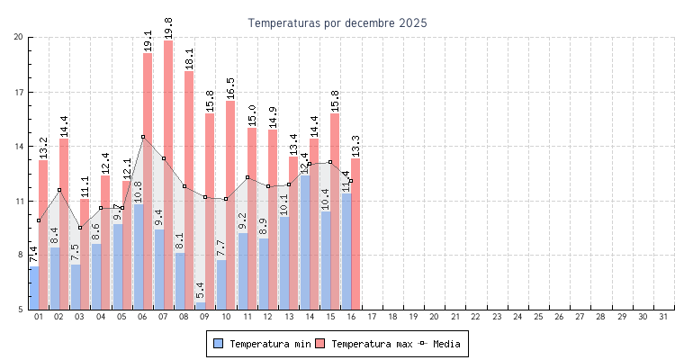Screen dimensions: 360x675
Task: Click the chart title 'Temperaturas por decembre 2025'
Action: point(337,22)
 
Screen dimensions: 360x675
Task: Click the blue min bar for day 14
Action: point(305,243)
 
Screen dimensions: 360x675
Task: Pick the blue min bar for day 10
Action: point(221,284)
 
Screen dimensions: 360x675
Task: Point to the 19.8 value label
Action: point(168,28)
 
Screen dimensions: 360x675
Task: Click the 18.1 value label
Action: point(189,58)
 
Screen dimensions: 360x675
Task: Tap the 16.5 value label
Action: point(230,88)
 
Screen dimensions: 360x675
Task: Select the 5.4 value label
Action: point(200,290)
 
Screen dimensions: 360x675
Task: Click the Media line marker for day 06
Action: point(143,137)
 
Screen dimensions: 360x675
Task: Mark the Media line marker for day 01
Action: point(39,220)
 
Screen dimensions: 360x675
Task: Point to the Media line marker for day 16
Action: point(351,181)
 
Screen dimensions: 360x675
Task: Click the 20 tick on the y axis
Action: point(19,37)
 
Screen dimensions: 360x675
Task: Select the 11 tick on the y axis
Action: point(19,201)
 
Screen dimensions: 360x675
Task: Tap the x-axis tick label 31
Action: point(663,317)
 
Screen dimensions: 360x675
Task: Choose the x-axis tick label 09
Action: point(205,317)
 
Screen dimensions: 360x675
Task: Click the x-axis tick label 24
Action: point(517,317)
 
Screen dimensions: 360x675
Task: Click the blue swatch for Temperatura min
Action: point(218,344)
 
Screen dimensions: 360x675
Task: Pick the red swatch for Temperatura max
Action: point(319,344)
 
